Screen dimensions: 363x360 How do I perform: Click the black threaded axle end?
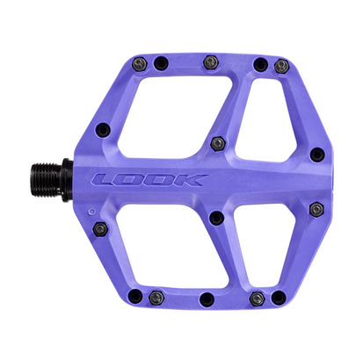pos(47,179)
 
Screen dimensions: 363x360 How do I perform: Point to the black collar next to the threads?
pos(68,180)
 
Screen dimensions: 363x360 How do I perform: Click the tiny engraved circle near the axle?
pos(91,211)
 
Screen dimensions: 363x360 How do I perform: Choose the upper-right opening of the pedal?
pos(265,121)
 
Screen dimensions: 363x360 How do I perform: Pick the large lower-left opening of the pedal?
pos(171,246)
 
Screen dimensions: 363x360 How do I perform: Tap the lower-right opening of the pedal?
pos(265,244)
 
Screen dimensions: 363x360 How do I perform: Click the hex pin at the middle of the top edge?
pos(211,62)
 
